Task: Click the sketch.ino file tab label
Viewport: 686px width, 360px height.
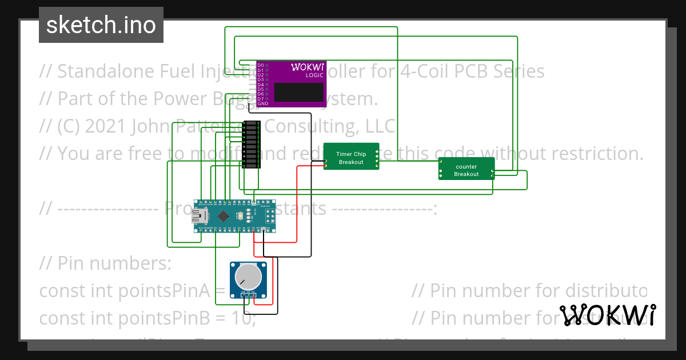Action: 101,25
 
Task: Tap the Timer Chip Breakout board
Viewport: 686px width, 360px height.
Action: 351,157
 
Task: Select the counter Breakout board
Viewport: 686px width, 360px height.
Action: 466,169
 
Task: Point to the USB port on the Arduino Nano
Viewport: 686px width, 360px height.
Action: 201,215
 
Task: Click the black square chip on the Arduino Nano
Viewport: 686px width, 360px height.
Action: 223,215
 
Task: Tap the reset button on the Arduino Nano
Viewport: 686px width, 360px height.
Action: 249,215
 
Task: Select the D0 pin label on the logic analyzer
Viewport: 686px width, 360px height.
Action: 261,66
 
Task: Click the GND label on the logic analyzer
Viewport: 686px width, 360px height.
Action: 262,104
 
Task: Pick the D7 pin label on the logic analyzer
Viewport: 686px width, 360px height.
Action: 261,99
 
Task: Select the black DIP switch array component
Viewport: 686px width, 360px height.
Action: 252,145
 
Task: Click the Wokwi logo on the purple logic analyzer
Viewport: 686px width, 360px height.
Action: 308,66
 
